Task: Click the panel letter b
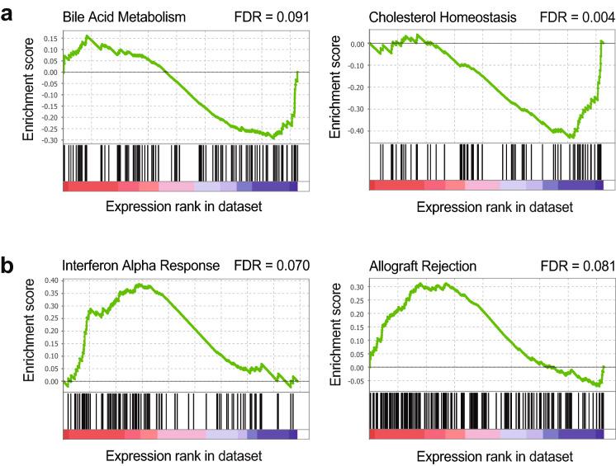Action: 9,266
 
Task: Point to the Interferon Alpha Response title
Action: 140,266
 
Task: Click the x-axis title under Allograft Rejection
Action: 493,455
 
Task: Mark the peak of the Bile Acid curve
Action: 87,36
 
